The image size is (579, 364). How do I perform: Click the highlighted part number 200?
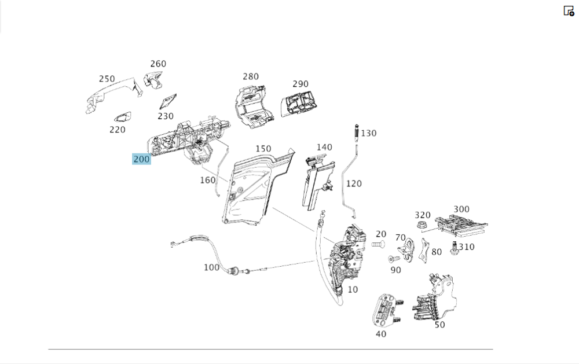[x=141, y=159]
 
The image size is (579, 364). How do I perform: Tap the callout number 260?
[x=158, y=64]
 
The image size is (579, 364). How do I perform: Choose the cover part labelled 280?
[x=250, y=105]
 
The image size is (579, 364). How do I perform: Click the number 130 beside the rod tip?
[x=368, y=133]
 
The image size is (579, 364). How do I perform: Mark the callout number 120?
[x=353, y=183]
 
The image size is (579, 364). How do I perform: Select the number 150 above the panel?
[x=263, y=149]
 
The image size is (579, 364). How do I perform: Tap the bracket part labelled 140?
[x=316, y=181]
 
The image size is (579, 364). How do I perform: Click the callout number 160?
[x=207, y=180]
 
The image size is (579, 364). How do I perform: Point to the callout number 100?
[x=211, y=267]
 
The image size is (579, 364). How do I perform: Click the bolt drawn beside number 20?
[x=378, y=246]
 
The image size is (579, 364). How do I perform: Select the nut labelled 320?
[x=422, y=225]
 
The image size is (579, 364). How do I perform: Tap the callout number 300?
[x=461, y=209]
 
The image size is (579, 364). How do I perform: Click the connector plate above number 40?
[x=384, y=310]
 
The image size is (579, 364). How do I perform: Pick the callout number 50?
[x=440, y=325]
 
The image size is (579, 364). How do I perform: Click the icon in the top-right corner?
[x=569, y=10]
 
